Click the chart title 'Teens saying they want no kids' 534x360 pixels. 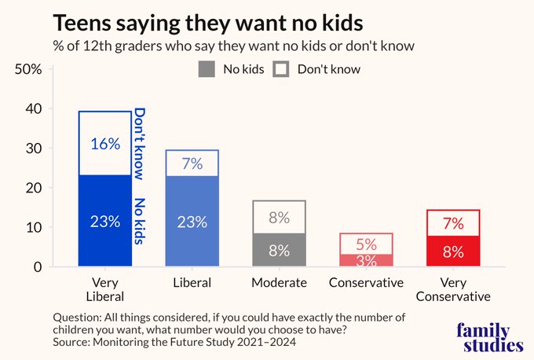pos(208,24)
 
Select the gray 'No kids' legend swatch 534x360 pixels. pos(207,69)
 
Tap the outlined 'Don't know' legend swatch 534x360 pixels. pos(281,69)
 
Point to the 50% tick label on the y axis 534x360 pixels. pos(28,69)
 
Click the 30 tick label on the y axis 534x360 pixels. pos(34,149)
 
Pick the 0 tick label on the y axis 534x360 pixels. pos(38,266)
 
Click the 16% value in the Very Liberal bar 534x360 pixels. pos(105,144)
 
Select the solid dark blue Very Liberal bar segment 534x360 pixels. pos(105,221)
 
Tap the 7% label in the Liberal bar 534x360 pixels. pos(192,163)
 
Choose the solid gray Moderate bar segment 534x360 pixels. pos(280,249)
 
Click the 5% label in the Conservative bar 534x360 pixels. pos(367,244)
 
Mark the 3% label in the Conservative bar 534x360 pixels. pos(367,261)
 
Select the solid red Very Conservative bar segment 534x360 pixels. pos(453,251)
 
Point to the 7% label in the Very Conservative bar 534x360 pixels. pos(453,224)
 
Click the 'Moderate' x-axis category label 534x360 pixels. pos(280,283)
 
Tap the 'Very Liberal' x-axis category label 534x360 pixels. pos(105,289)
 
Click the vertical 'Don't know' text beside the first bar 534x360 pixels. pos(140,144)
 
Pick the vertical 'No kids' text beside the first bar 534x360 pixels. pos(140,221)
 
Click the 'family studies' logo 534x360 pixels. pos(490,337)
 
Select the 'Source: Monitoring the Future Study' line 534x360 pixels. pos(174,342)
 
